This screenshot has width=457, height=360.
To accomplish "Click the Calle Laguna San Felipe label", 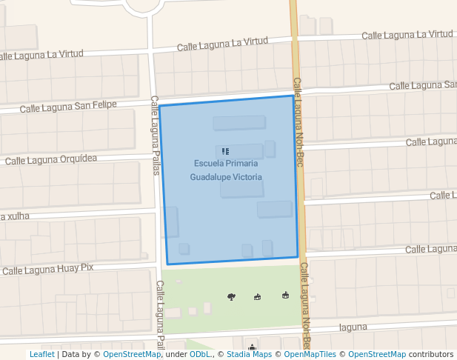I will [68, 107].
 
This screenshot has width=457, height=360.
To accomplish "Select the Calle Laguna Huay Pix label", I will [48, 270].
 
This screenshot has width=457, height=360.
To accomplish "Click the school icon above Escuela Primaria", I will [225, 151].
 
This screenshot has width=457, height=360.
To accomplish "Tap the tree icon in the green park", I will [232, 297].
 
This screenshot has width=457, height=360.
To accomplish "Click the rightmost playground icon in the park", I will [285, 296].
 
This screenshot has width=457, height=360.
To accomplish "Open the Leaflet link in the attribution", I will [41, 354].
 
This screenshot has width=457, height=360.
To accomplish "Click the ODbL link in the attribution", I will [200, 354].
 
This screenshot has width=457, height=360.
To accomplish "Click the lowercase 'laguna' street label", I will [353, 327].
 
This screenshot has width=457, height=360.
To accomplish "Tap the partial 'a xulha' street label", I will [15, 216].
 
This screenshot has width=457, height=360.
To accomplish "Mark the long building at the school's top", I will [238, 123].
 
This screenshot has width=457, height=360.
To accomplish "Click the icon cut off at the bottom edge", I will [253, 347].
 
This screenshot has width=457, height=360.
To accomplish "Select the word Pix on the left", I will [87, 267].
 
